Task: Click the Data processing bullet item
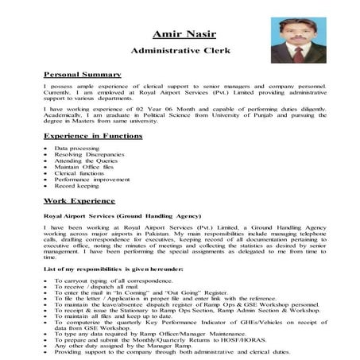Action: point(72,148)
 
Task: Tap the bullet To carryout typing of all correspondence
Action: point(118,282)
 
